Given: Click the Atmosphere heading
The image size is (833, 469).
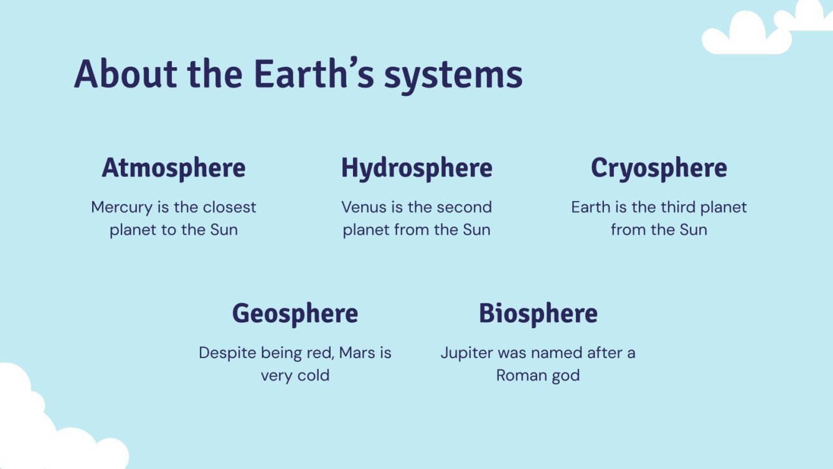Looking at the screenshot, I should [174, 168].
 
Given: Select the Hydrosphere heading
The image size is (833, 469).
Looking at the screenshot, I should [416, 168].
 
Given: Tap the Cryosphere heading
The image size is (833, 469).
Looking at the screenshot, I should [659, 168].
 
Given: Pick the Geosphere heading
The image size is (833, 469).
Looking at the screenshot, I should [295, 313].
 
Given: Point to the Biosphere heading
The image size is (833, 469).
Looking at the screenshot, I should [538, 313].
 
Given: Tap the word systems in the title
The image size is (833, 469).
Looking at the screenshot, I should [453, 75].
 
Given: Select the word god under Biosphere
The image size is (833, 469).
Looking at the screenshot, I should [564, 376].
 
